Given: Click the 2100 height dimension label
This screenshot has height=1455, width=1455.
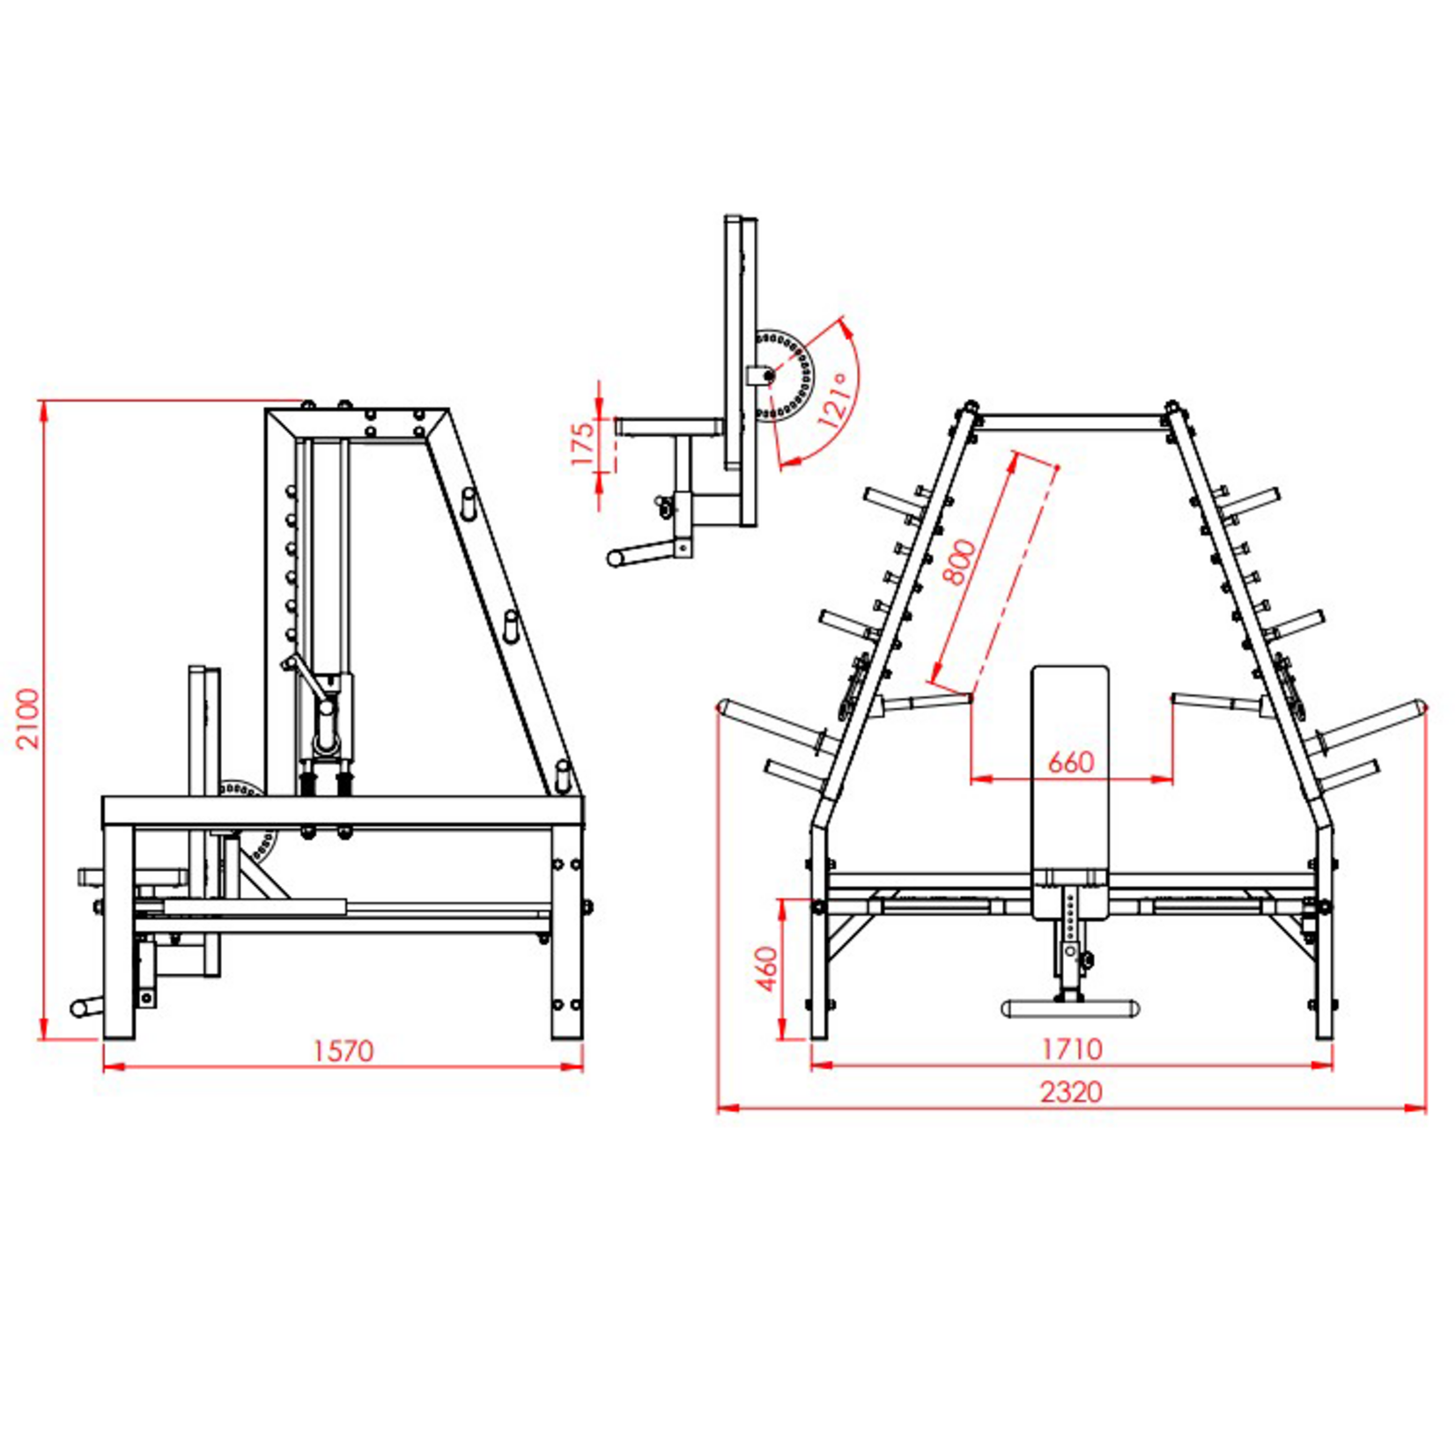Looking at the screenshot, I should coord(29,718).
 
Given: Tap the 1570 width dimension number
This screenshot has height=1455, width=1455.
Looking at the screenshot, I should coord(343,1051).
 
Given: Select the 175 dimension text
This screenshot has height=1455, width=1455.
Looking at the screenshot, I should coord(582,445).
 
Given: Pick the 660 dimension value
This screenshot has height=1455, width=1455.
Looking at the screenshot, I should coord(1070,763).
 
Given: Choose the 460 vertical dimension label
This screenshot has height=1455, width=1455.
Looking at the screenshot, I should coord(768,968).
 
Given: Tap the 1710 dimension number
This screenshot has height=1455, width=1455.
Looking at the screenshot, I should coord(1071,1049).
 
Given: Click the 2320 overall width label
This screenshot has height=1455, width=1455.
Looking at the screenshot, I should coord(1071,1092).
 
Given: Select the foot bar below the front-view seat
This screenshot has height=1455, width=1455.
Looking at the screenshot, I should coord(1070,1008).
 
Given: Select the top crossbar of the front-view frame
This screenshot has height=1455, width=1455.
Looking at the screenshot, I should coord(1070,422).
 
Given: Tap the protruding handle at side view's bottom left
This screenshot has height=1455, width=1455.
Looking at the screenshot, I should coord(85,1008).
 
